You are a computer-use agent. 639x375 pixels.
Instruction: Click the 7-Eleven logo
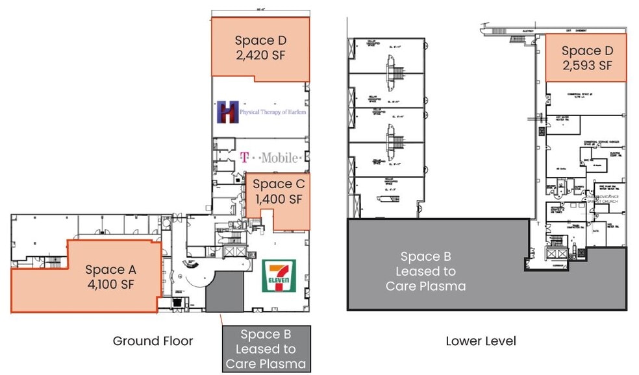(x=279, y=275)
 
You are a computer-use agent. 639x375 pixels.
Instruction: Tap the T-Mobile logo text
(x=270, y=157)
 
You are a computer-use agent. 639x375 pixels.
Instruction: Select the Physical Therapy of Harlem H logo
(x=228, y=112)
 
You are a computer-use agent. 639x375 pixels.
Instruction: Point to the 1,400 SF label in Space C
(x=277, y=199)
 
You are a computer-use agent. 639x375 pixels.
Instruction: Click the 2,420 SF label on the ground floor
(x=260, y=55)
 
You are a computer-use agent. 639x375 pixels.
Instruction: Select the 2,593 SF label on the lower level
(x=587, y=65)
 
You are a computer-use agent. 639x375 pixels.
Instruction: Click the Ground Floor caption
(x=153, y=341)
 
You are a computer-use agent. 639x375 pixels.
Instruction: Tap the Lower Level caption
(x=481, y=341)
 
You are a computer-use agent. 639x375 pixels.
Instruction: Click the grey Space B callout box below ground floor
(x=266, y=349)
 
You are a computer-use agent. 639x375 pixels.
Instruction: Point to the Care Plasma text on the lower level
(x=425, y=285)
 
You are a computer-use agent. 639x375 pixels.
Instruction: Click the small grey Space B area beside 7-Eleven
(x=224, y=292)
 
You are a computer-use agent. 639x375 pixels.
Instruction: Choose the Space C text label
(x=277, y=184)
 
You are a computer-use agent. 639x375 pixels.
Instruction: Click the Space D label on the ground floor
(x=260, y=40)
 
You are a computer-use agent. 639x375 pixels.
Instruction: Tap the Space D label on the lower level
(x=587, y=51)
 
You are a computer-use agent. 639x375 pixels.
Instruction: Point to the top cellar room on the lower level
(x=387, y=56)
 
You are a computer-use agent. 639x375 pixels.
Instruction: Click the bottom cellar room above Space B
(x=387, y=197)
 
